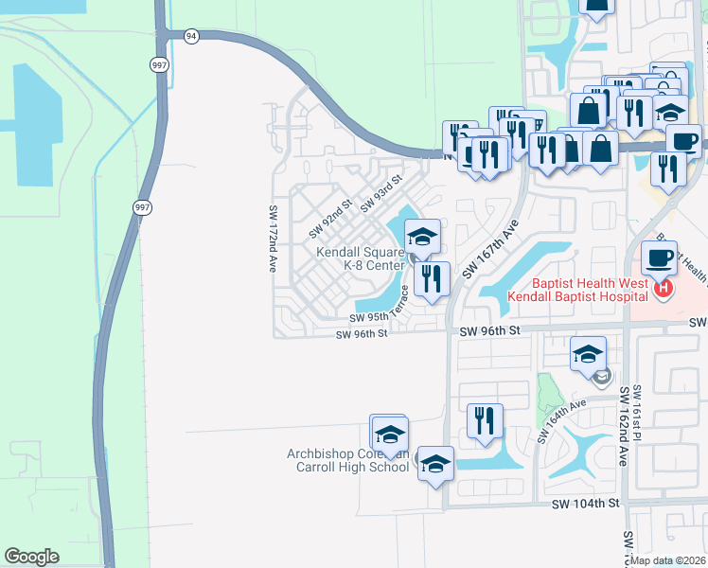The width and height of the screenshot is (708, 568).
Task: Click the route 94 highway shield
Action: click(x=192, y=36)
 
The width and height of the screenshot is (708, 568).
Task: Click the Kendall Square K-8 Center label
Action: click(x=360, y=259)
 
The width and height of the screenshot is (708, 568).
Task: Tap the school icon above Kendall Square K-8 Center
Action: click(x=422, y=236)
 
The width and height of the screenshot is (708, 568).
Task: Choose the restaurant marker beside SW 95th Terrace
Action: click(x=432, y=279)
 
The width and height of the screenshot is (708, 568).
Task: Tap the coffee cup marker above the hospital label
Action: click(x=659, y=257)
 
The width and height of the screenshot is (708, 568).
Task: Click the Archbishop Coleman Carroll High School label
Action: click(x=347, y=460)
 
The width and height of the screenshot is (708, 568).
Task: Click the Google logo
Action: click(x=31, y=557)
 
